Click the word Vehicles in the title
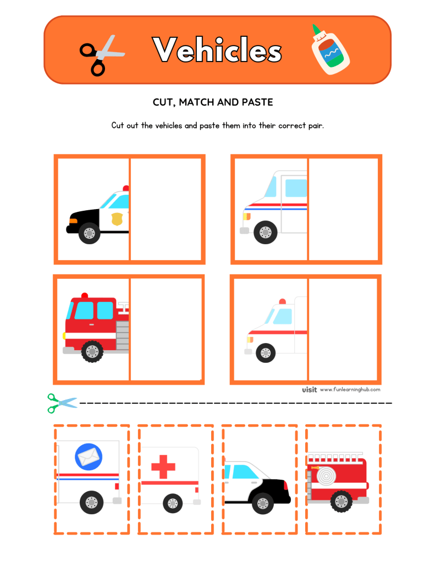pyautogui.click(x=217, y=50)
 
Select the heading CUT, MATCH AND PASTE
pyautogui.click(x=213, y=103)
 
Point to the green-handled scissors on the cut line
pyautogui.click(x=62, y=403)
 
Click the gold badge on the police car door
pyautogui.click(x=117, y=220)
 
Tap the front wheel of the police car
pyautogui.click(x=89, y=233)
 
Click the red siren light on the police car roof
pyautogui.click(x=126, y=189)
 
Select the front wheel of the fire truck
pyautogui.click(x=92, y=351)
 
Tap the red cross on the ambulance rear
pyautogui.click(x=163, y=468)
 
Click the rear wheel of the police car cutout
pyautogui.click(x=263, y=502)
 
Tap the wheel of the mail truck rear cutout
pyautogui.click(x=91, y=502)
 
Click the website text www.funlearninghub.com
pyautogui.click(x=350, y=390)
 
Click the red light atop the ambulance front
pyautogui.click(x=282, y=301)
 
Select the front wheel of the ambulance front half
pyautogui.click(x=266, y=351)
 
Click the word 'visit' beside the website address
pyautogui.click(x=309, y=390)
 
